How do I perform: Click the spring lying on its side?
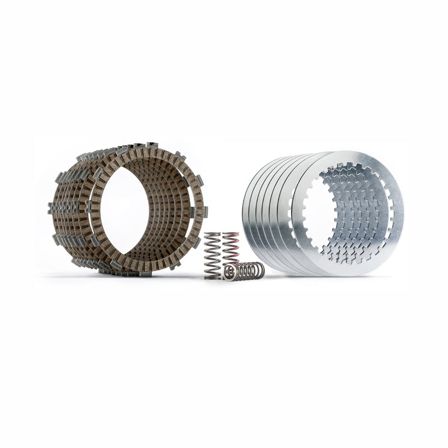[x=245, y=271]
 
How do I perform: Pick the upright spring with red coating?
[x=231, y=249]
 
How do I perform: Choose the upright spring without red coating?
[x=212, y=255]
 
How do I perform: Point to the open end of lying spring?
[x=228, y=273]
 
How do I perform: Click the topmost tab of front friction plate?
[x=152, y=146]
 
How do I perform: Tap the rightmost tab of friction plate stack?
[x=205, y=212]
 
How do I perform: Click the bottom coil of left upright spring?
[x=212, y=276]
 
